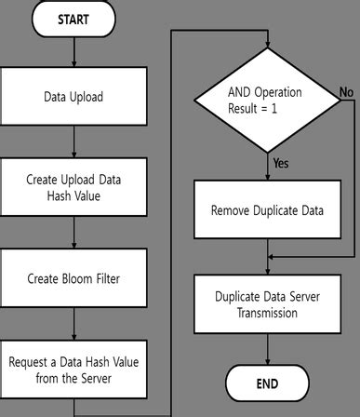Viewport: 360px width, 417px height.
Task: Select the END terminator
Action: [267, 383]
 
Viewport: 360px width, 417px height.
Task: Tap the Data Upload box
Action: [73, 97]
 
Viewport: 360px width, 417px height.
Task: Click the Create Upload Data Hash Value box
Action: [73, 187]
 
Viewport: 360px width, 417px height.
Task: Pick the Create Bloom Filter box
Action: [73, 277]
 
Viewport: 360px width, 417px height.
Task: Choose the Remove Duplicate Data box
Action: [267, 210]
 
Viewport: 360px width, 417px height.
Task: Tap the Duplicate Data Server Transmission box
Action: [267, 305]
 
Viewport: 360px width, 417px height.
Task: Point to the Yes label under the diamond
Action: [281, 163]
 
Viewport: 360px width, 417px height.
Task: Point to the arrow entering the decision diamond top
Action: [267, 44]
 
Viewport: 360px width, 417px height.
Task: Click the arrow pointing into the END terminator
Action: [267, 349]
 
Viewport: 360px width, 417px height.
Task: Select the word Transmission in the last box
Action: [267, 314]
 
